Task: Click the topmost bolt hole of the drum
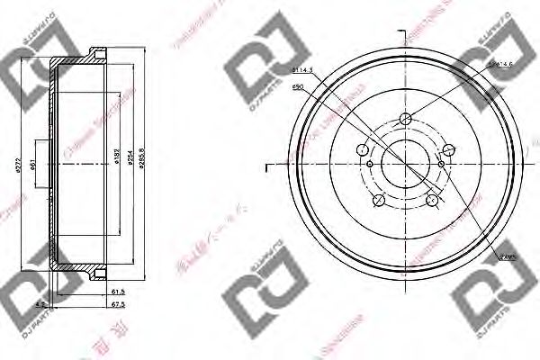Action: [406, 117]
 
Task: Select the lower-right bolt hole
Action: [433, 199]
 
